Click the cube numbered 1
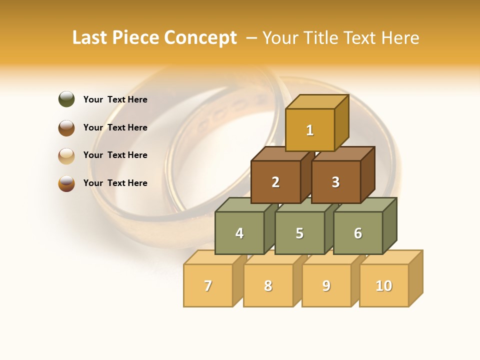pos(310,130)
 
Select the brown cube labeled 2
pos(275,182)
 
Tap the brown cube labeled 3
pos(335,182)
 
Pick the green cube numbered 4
pos(239,233)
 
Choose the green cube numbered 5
pos(299,233)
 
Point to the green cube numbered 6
pos(357,233)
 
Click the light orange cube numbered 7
pos(208,285)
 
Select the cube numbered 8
pos(268,285)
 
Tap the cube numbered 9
pos(326,285)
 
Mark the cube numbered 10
pos(383,285)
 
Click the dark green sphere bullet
pos(66,99)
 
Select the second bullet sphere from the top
pos(66,127)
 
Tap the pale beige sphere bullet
pos(66,155)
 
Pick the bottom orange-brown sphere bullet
pos(66,183)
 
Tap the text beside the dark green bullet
pos(115,99)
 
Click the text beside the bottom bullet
pos(115,183)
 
